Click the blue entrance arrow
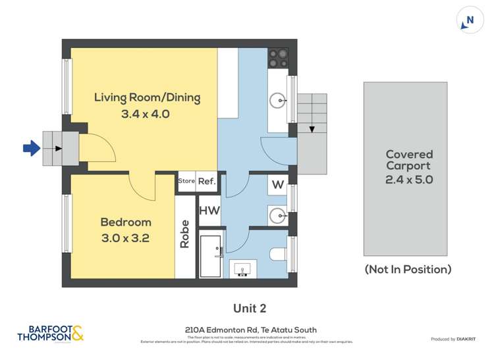[x=32, y=149]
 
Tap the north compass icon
[x=470, y=20]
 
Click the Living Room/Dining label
[x=147, y=97]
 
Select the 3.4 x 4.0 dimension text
[x=146, y=114]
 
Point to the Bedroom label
[x=126, y=222]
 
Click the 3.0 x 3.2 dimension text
[x=125, y=238]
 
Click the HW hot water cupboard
[x=209, y=211]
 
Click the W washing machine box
[x=277, y=185]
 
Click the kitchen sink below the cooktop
[x=277, y=101]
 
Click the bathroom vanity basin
[x=243, y=269]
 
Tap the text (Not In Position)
[x=408, y=269]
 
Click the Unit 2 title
[x=250, y=308]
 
